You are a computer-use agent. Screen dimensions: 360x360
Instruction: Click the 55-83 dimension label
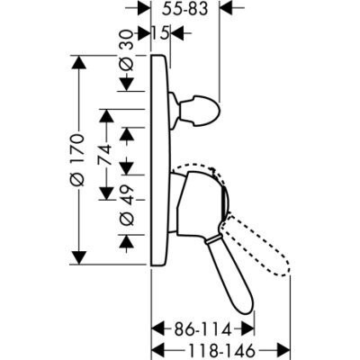pyautogui.click(x=184, y=9)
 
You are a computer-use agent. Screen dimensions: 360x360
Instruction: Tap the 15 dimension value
pyautogui.click(x=160, y=32)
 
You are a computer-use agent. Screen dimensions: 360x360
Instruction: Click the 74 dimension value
pyautogui.click(x=105, y=154)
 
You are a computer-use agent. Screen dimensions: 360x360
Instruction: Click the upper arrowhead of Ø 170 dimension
pyautogui.click(x=78, y=63)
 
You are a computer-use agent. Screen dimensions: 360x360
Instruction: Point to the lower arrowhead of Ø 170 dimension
pyautogui.click(x=79, y=257)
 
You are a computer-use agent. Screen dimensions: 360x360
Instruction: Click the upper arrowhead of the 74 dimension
pyautogui.click(x=106, y=115)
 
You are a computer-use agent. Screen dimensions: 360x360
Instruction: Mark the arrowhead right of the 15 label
pyautogui.click(x=178, y=32)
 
